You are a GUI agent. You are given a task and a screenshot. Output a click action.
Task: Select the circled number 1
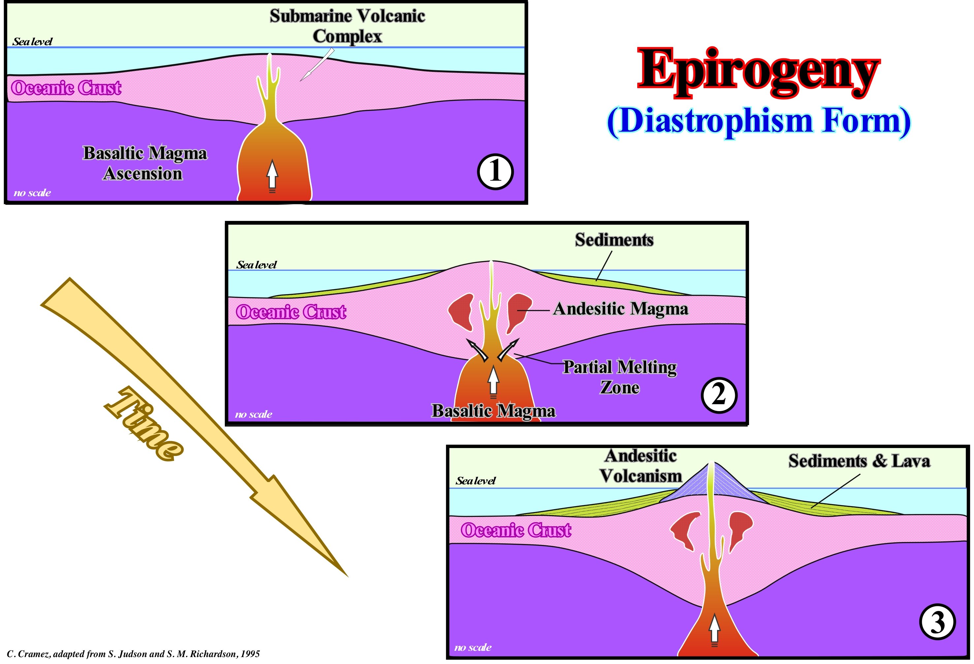495,172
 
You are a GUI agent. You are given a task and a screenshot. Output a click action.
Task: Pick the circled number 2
719,395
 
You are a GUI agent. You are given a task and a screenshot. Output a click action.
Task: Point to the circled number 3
937,622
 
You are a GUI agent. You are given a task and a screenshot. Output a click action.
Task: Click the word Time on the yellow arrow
144,424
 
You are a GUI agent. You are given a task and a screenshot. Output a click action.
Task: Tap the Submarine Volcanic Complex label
347,26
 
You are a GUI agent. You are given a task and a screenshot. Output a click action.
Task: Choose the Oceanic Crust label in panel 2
291,312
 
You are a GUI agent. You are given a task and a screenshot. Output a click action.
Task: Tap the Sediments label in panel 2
614,240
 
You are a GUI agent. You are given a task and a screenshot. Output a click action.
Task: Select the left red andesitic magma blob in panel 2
461,310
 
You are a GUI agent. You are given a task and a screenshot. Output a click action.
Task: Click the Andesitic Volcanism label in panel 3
641,466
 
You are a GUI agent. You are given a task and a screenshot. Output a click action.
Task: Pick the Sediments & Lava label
859,461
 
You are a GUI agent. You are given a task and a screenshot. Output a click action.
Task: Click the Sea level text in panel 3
475,481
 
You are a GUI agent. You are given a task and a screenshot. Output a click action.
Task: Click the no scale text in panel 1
32,193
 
